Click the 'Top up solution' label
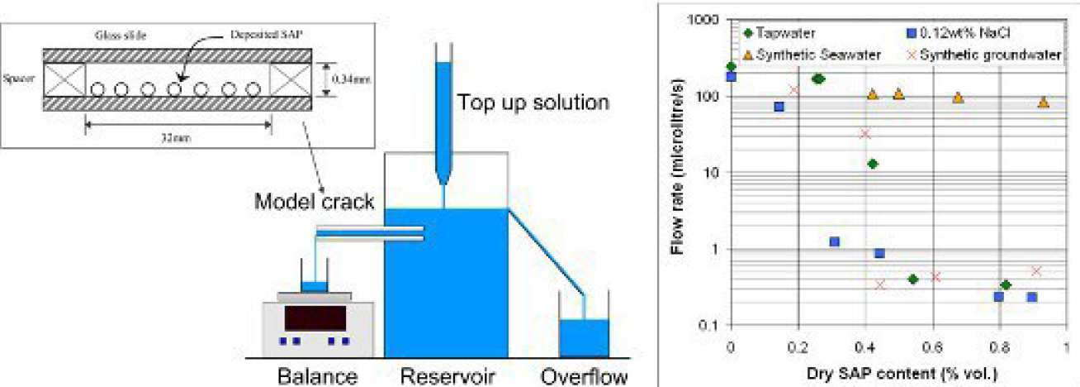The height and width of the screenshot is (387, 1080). [533, 103]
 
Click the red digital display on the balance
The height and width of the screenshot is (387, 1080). [314, 318]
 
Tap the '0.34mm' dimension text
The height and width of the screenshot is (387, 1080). [346, 79]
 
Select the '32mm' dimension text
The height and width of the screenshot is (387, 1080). [178, 139]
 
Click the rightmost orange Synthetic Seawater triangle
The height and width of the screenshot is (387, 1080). [1044, 103]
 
